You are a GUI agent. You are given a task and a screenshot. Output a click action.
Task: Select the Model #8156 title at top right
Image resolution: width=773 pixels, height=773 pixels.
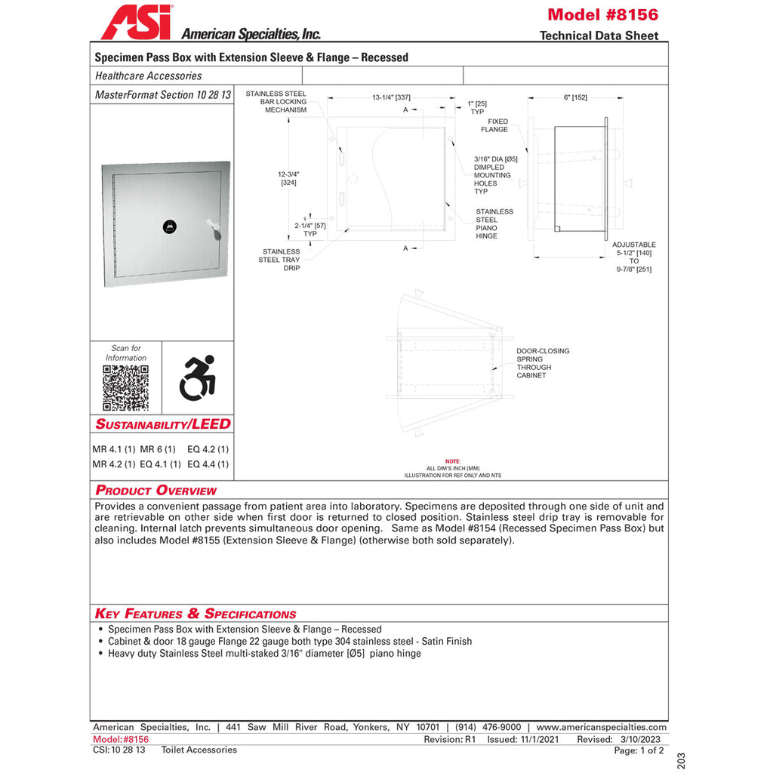pyautogui.click(x=602, y=14)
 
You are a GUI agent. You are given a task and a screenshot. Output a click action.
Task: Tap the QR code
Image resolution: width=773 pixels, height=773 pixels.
pyautogui.click(x=126, y=388)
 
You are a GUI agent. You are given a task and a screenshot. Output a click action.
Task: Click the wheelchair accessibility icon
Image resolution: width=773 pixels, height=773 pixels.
pyautogui.click(x=197, y=377)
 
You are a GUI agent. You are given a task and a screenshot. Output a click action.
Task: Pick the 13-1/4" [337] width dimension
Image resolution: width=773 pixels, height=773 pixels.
pyautogui.click(x=391, y=97)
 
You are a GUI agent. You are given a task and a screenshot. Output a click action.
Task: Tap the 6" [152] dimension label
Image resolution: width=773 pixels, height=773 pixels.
pyautogui.click(x=575, y=97)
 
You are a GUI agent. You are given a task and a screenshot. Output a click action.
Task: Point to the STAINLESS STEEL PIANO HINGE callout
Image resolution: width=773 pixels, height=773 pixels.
pyautogui.click(x=494, y=224)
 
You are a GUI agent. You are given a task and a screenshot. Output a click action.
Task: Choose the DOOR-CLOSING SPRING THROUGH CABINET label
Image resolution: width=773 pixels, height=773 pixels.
pyautogui.click(x=543, y=363)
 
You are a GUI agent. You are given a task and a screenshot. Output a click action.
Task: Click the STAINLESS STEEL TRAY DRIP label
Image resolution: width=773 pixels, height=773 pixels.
pyautogui.click(x=281, y=260)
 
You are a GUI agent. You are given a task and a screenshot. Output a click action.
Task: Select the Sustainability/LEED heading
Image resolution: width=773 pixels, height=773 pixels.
pyautogui.click(x=163, y=424)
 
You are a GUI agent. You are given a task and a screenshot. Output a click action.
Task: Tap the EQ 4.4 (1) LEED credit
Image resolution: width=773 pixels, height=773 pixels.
pyautogui.click(x=208, y=464)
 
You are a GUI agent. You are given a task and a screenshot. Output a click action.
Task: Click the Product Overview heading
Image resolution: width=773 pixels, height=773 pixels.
pyautogui.click(x=156, y=491)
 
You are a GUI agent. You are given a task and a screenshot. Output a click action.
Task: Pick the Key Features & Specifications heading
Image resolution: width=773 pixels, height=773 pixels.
pyautogui.click(x=196, y=614)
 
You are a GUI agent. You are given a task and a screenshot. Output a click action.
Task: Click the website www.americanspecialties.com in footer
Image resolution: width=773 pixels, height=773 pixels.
pyautogui.click(x=602, y=727)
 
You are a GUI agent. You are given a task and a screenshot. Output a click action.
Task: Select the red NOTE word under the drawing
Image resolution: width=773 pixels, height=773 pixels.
pyautogui.click(x=452, y=460)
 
